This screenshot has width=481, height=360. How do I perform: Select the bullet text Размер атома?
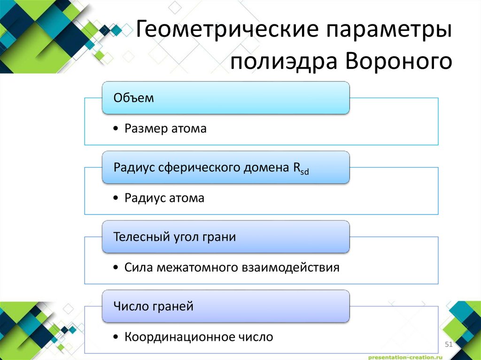[165, 129]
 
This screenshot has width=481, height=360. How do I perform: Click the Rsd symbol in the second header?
[301, 169]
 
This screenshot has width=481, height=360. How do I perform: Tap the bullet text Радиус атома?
[164, 198]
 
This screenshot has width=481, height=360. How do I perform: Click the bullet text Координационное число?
[199, 337]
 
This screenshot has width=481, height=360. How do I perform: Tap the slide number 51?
[448, 345]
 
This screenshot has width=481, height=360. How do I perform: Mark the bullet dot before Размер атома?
[116, 129]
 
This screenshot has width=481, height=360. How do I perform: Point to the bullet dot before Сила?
[116, 268]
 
